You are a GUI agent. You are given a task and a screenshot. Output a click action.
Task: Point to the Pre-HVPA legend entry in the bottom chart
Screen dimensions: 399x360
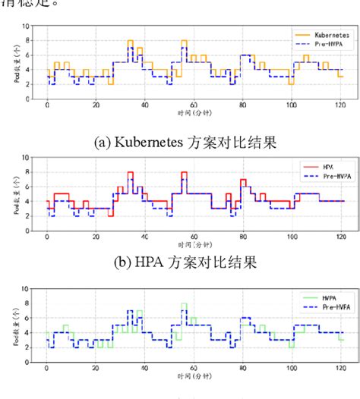(327, 307)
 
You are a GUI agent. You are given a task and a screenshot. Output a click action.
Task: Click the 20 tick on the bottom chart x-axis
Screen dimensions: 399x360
(96, 369)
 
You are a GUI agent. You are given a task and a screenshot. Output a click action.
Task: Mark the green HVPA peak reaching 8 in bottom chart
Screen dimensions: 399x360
(184, 304)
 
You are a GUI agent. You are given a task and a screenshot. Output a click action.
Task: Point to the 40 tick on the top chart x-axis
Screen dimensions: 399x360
(144, 105)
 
